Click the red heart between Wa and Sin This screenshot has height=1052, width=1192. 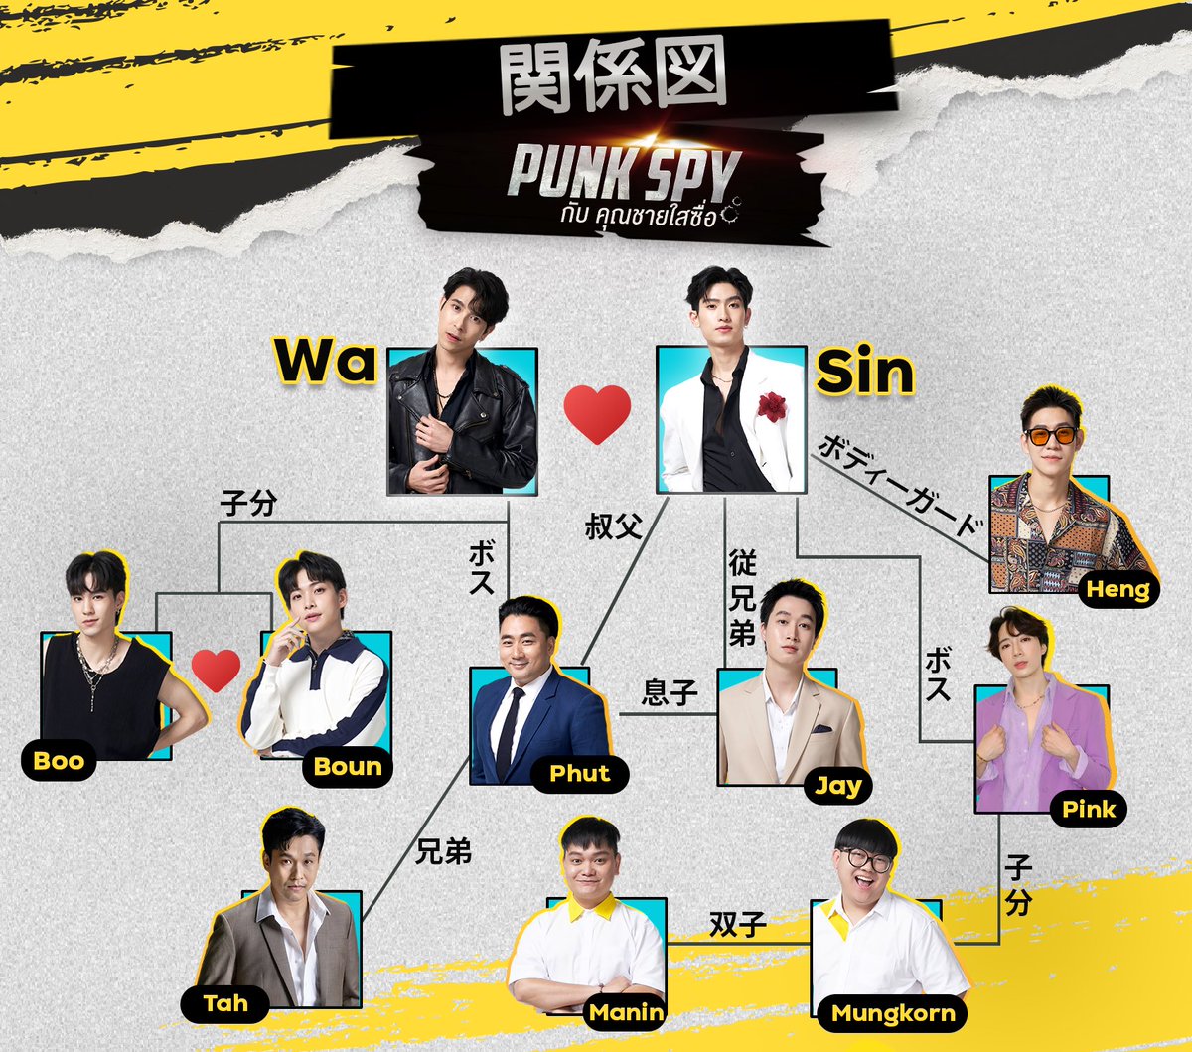click(x=597, y=413)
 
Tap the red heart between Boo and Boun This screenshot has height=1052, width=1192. click(x=216, y=671)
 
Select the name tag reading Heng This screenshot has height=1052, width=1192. click(x=1117, y=589)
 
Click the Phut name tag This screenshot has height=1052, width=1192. click(x=579, y=774)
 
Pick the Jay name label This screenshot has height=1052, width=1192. click(x=838, y=786)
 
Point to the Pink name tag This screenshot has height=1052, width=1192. click(x=1089, y=809)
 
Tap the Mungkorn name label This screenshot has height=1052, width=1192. click(x=893, y=1013)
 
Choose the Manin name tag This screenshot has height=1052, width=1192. click(x=626, y=1013)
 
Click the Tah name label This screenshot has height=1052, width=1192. click(x=225, y=1003)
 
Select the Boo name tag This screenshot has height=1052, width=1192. click(x=59, y=761)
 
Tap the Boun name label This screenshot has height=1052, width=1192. click(x=348, y=766)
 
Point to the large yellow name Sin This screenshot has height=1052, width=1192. click(x=864, y=373)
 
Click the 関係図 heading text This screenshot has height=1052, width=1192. click(x=613, y=76)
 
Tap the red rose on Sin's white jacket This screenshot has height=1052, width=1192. click(x=772, y=406)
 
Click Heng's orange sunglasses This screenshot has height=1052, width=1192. click(x=1052, y=435)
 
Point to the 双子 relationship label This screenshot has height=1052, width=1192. click(x=737, y=926)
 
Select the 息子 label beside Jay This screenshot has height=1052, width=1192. click(x=670, y=692)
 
